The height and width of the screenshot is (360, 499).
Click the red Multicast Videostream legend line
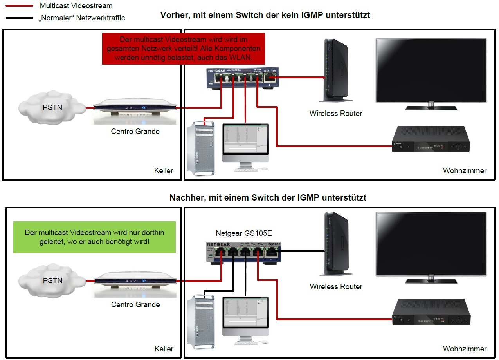(19, 6)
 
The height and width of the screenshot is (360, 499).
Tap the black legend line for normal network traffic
(19, 18)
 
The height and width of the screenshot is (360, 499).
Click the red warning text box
(183, 49)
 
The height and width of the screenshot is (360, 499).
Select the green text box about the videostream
(94, 237)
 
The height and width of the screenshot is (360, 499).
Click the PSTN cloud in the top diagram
(52, 107)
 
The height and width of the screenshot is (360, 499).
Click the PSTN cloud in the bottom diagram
(52, 280)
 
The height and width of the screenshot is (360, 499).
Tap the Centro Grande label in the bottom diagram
(135, 304)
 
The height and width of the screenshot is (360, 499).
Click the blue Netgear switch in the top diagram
(242, 78)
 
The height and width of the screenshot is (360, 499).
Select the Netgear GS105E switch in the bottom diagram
(243, 252)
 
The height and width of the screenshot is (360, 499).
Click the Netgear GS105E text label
(244, 233)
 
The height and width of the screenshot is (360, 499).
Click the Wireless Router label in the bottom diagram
(336, 286)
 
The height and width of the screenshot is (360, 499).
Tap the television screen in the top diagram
(431, 71)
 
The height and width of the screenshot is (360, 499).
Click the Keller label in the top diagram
(164, 170)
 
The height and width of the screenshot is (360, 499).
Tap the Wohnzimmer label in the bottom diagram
(465, 348)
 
